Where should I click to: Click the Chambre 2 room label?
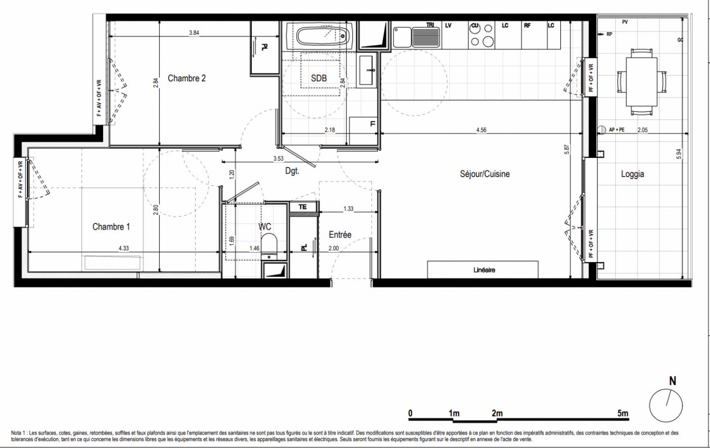(x=187, y=78)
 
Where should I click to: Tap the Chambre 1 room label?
(x=111, y=227)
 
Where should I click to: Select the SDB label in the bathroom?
(x=319, y=78)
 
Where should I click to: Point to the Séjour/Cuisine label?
(x=485, y=174)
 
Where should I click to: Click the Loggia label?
(x=633, y=174)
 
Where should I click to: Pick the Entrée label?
(x=340, y=235)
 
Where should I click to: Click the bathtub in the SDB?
(x=322, y=36)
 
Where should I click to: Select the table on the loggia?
(x=642, y=82)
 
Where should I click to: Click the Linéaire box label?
(x=484, y=270)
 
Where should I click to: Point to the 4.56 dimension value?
(x=481, y=130)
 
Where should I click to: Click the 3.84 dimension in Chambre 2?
(x=194, y=32)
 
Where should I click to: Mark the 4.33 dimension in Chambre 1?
(x=123, y=248)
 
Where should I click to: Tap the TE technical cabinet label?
(x=303, y=207)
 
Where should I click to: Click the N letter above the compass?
(x=672, y=381)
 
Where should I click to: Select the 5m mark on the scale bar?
(x=623, y=413)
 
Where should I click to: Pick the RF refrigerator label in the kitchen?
(x=527, y=26)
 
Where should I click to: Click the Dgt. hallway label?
(x=292, y=171)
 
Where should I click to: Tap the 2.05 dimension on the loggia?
(x=643, y=130)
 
